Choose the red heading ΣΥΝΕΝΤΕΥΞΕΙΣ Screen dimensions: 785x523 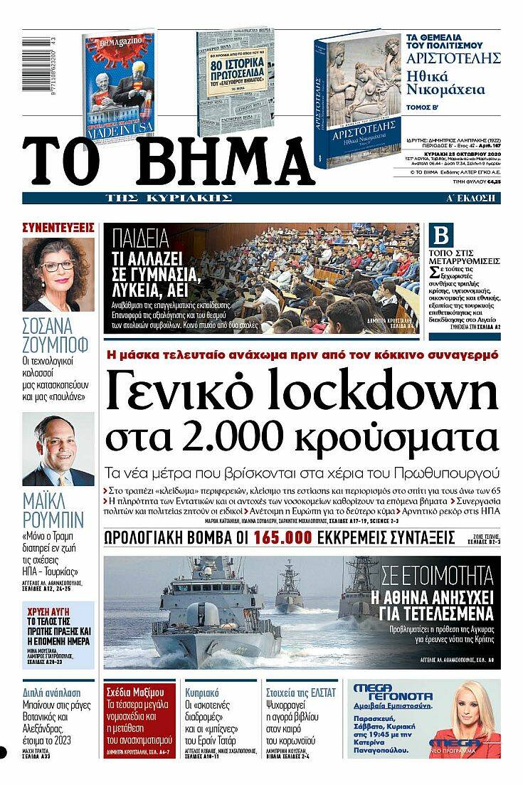point(58,228)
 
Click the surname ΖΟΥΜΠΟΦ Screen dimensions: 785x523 point(56,347)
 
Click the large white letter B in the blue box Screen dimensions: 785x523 point(442,236)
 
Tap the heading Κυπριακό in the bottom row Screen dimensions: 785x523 point(201,692)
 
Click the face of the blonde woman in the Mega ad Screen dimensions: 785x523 point(470,701)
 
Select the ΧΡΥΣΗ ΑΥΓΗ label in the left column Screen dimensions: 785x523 point(48,611)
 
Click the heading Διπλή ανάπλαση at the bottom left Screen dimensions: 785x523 point(52,692)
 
